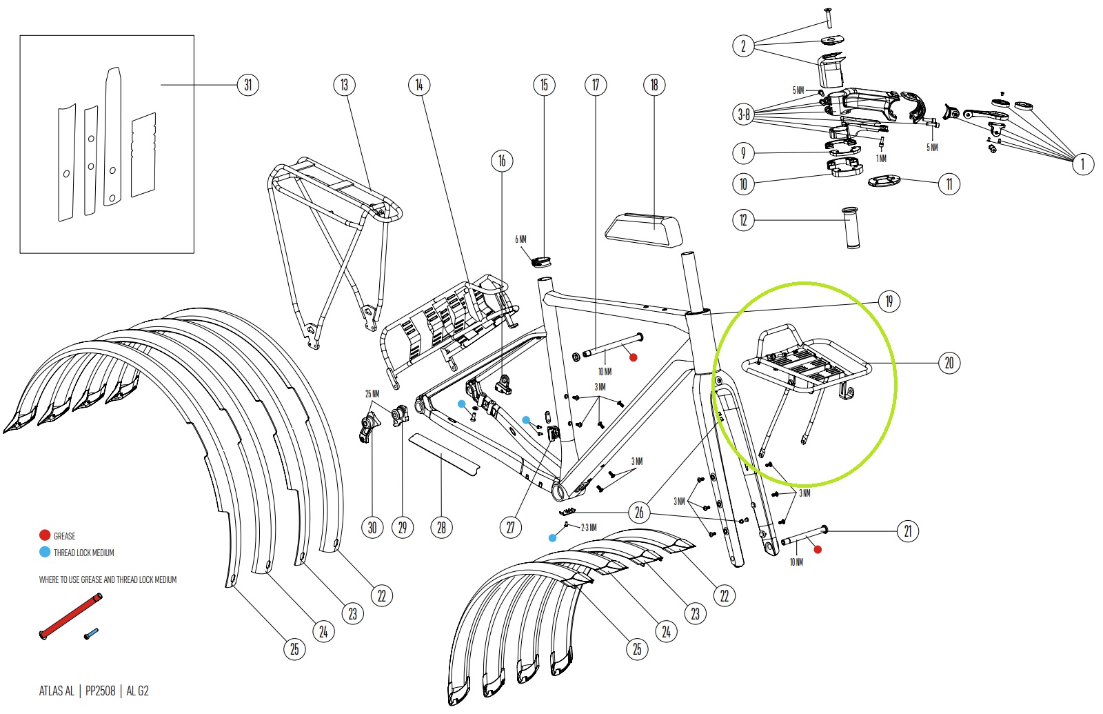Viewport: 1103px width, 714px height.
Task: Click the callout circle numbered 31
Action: click(x=247, y=85)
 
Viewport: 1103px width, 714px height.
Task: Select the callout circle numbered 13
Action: click(x=344, y=85)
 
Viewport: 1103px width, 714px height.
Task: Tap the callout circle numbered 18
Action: click(x=654, y=85)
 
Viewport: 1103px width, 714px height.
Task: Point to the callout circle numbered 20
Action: click(x=949, y=363)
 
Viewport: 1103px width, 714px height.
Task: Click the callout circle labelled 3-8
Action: click(x=744, y=115)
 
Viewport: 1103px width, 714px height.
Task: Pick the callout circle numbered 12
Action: click(x=744, y=220)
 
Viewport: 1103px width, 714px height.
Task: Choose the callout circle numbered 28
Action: click(x=441, y=528)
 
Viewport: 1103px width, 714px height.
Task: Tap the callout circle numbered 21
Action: click(x=907, y=531)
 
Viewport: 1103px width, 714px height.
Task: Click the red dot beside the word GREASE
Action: click(x=45, y=535)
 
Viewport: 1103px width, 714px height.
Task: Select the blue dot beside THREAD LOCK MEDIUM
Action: click(x=45, y=552)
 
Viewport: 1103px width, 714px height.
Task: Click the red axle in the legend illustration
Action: click(x=70, y=616)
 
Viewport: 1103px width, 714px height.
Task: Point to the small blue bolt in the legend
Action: click(x=92, y=633)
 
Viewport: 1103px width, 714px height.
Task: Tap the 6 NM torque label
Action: click(x=520, y=239)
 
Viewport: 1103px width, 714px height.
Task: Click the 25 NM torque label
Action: click(x=372, y=394)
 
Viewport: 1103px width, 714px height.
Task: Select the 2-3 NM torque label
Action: click(x=589, y=528)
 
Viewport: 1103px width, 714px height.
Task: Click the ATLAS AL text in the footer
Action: click(x=57, y=691)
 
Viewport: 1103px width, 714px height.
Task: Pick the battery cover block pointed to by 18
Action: click(x=644, y=229)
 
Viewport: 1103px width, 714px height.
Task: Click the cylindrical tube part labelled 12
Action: click(x=851, y=228)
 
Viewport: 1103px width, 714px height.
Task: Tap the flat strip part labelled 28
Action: click(x=445, y=455)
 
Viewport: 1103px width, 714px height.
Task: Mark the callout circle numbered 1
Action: click(x=1082, y=163)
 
